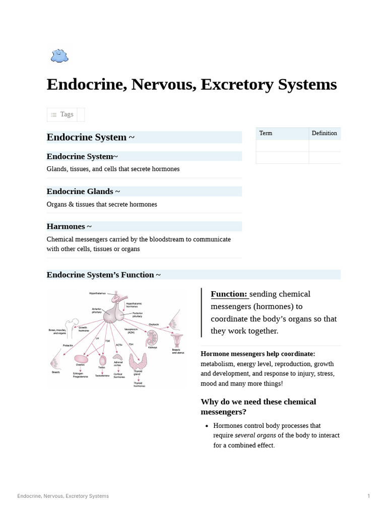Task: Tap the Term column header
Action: [x=266, y=133]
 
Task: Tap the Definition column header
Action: [x=324, y=133]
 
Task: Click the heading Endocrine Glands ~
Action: [x=83, y=191]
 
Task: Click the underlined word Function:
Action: [x=229, y=294]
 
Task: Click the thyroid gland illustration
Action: [x=138, y=363]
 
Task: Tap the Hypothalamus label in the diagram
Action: [x=98, y=293]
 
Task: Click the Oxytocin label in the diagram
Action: [x=154, y=324]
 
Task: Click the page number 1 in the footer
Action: [x=368, y=496]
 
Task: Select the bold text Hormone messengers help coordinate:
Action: [x=257, y=354]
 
